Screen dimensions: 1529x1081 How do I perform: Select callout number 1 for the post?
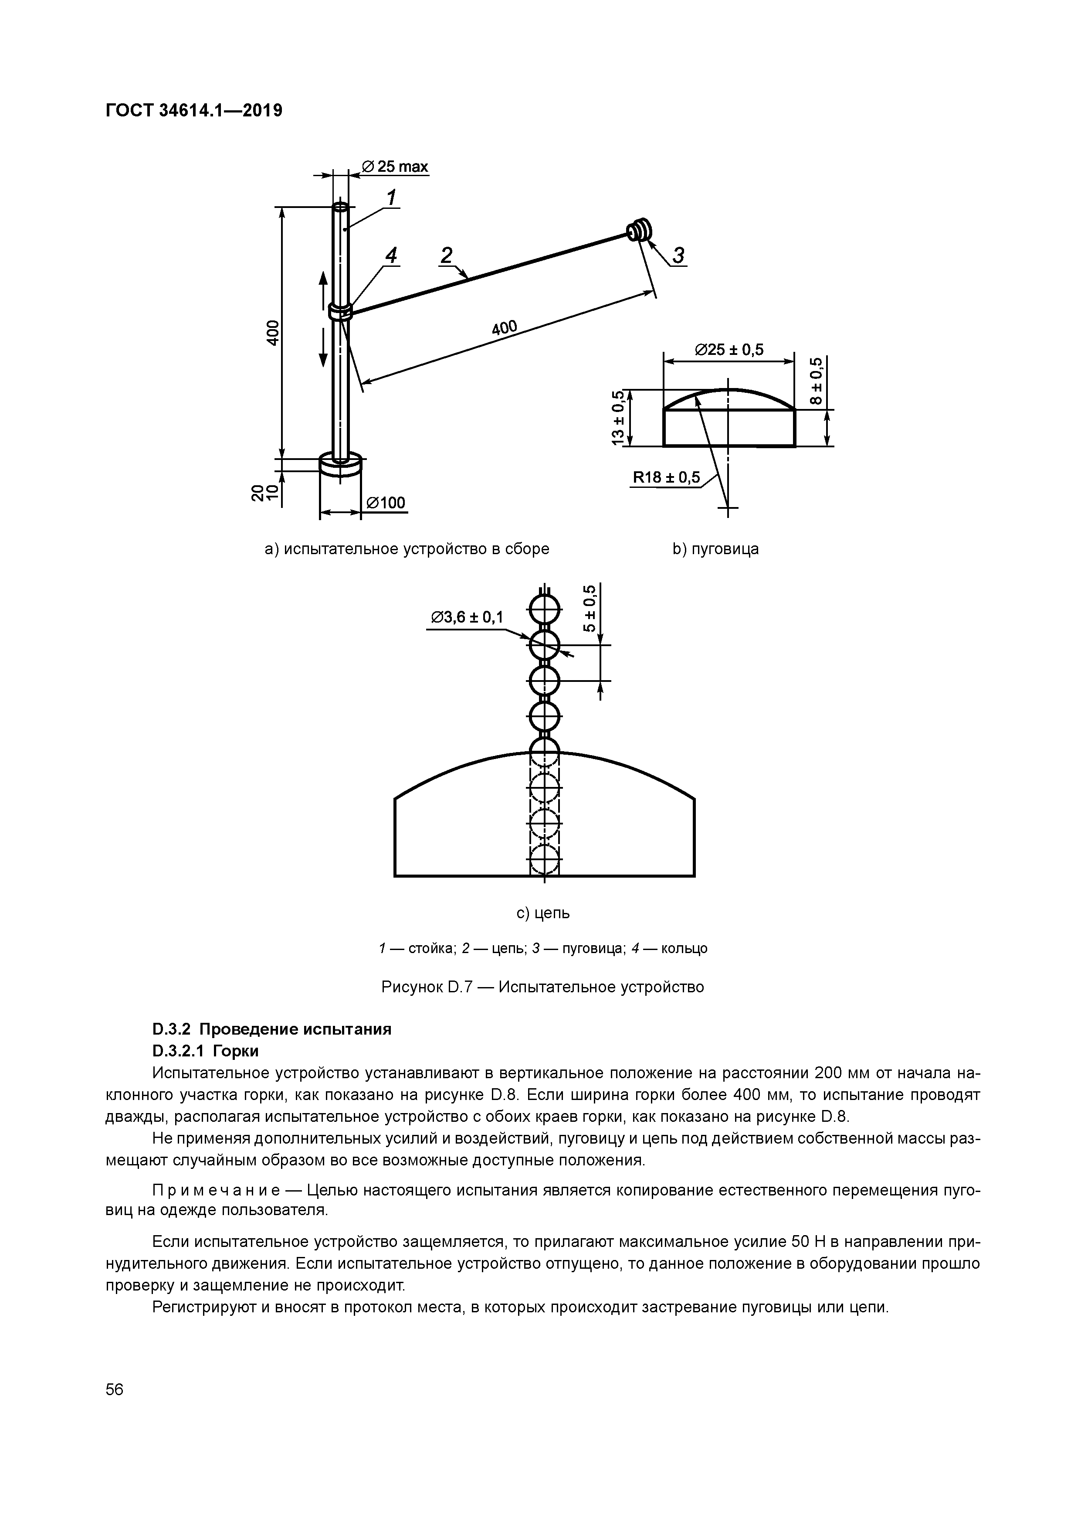coord(391,198)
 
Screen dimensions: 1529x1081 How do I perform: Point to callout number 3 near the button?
coord(678,256)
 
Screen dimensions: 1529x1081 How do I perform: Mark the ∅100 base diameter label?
coord(385,503)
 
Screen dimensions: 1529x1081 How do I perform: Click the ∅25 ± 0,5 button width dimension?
coord(729,350)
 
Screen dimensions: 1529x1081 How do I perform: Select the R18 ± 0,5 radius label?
coord(666,477)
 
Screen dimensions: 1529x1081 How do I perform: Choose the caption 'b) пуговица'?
coord(715,549)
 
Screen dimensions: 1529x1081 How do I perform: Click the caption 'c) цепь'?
coord(543,913)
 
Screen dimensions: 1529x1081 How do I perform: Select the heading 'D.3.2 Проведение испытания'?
coord(271,1029)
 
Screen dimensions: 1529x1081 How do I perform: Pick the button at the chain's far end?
coord(640,230)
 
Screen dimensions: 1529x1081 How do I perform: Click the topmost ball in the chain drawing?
coord(545,608)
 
